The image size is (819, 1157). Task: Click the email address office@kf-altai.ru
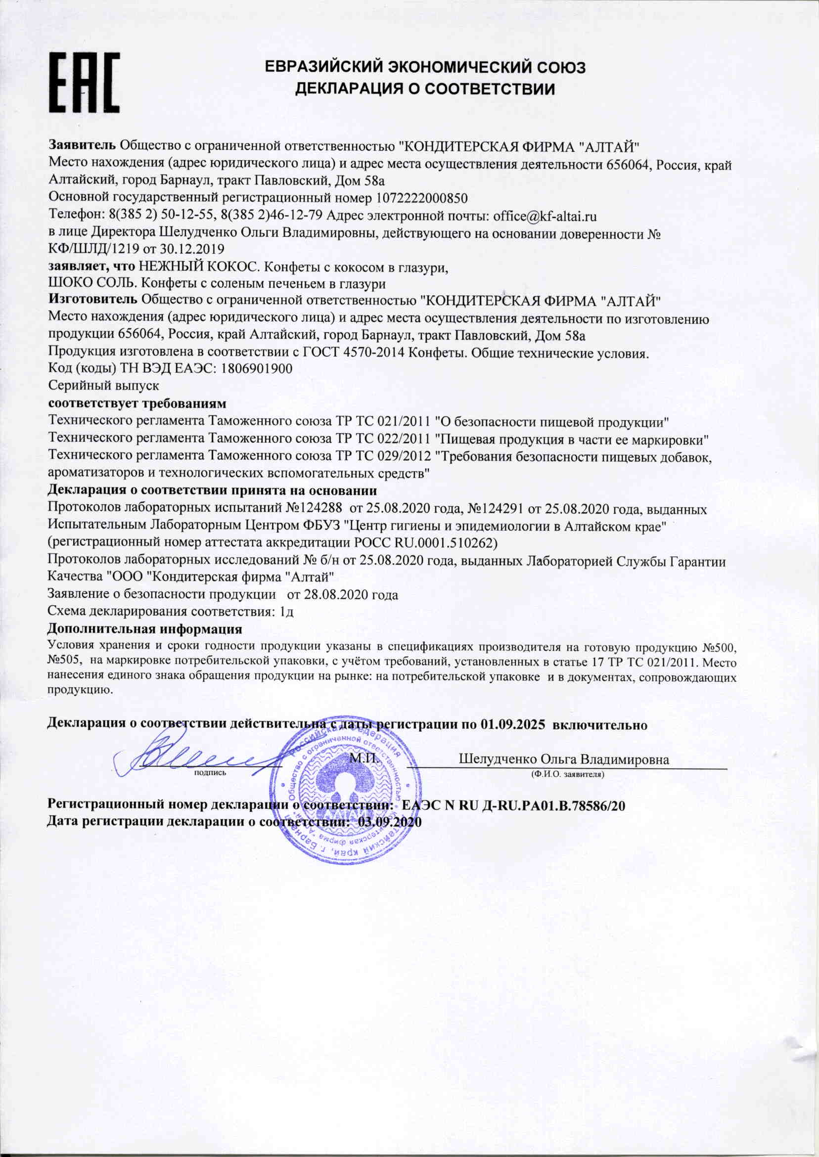(x=545, y=216)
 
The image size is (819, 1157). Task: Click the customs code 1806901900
(x=257, y=368)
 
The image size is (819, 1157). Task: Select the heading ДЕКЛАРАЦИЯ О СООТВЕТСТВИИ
(x=424, y=89)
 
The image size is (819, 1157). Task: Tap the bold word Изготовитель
(x=93, y=301)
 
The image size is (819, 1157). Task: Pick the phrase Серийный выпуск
(x=103, y=386)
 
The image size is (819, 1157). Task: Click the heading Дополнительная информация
(x=145, y=628)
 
